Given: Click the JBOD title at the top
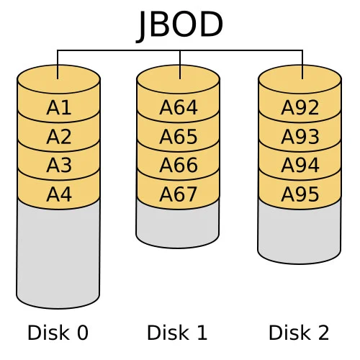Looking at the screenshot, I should (180, 25).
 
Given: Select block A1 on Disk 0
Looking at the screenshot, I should (58, 108).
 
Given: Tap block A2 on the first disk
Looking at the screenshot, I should (58, 137).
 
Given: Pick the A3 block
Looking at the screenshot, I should (58, 166).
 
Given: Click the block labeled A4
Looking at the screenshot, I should (58, 194).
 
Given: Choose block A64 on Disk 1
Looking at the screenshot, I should (178, 108).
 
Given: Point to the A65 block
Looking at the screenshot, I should (178, 137).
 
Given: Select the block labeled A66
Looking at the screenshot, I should (178, 166).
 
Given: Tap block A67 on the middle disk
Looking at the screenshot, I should (178, 194).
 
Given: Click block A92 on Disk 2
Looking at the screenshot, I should (300, 108).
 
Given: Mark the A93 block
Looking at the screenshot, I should (300, 137).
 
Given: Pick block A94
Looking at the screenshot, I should (300, 166).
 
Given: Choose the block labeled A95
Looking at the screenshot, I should (300, 194).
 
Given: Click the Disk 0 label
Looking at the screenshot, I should (58, 333).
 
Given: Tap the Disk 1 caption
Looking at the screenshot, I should (177, 333).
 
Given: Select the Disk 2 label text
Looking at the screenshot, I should (299, 333).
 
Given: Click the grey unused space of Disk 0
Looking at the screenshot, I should (58, 252).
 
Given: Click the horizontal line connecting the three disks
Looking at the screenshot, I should (119, 50).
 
